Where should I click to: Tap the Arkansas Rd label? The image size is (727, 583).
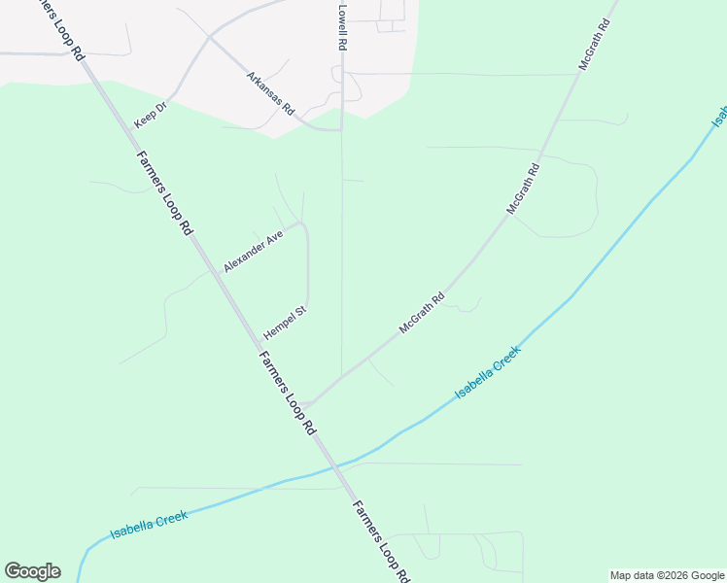(x=269, y=93)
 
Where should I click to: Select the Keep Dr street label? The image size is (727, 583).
(x=151, y=114)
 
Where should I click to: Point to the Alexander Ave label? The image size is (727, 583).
(x=253, y=251)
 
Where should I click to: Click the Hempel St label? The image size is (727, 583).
(x=285, y=323)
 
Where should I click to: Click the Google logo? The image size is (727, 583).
(x=32, y=571)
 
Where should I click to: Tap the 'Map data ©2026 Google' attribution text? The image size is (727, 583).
(x=667, y=575)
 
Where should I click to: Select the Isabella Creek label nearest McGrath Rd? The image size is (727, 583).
(x=488, y=372)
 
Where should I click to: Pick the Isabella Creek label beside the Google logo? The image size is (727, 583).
(x=148, y=525)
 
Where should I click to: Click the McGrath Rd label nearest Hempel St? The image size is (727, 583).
(x=421, y=314)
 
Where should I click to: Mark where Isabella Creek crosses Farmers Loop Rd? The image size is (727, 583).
(x=342, y=463)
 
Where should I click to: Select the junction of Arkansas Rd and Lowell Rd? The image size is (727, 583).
(x=340, y=128)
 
